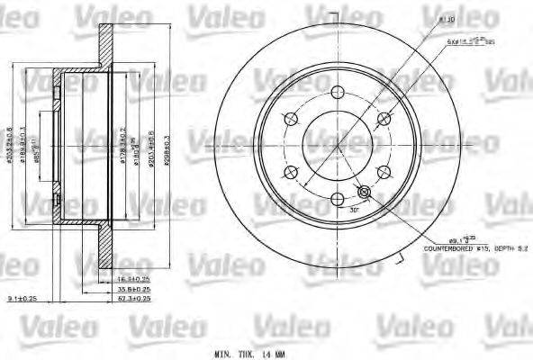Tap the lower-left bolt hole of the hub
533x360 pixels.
[x=290, y=174]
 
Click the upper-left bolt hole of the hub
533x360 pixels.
[x=290, y=119]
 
